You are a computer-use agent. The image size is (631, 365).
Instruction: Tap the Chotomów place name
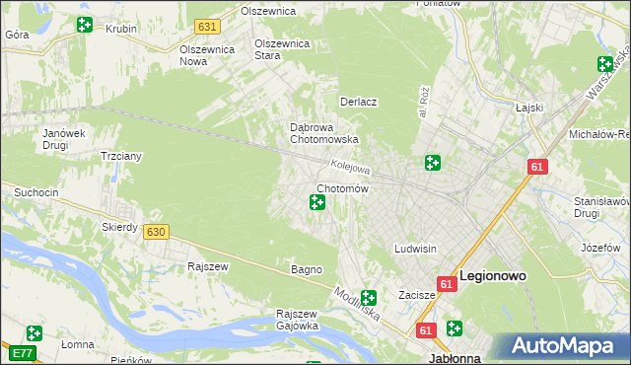pos(342,188)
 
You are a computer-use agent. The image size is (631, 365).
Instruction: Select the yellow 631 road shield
pos(206,27)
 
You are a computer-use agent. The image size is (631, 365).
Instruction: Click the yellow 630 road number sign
pos(154,231)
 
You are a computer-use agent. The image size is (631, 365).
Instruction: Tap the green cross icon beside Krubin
pos(85,24)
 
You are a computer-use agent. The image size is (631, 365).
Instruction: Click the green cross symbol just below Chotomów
pos(316,203)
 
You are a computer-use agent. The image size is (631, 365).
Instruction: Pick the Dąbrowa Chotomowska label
pos(323,133)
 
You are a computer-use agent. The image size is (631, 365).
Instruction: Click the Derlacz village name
pos(360,102)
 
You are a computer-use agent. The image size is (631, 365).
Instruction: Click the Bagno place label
pos(307,269)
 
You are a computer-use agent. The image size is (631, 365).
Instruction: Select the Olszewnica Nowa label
pos(206,54)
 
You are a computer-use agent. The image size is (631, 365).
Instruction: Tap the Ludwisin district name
pos(415,249)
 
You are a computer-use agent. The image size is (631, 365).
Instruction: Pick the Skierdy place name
pos(119,226)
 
